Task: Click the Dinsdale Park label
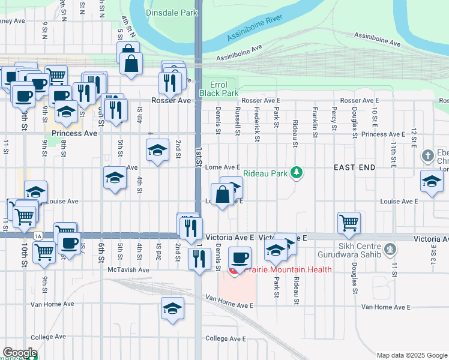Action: point(172,12)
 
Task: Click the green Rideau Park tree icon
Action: point(295,173)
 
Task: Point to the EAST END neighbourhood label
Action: point(355,167)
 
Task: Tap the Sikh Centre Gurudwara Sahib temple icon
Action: point(390,247)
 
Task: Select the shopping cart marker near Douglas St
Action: point(349,222)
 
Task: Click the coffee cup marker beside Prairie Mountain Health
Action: point(240,258)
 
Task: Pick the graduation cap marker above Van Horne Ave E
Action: point(172,308)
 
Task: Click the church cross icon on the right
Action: point(427,155)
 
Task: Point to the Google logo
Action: point(20,353)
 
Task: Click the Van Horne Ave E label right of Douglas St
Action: point(385,307)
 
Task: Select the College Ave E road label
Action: point(223,338)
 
